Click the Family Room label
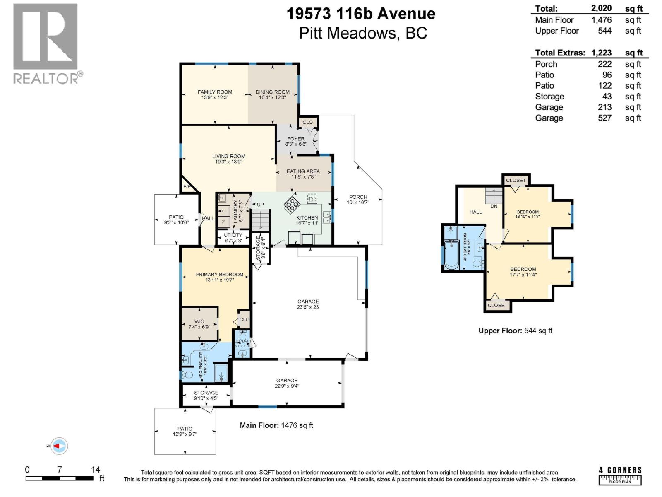coord(215,92)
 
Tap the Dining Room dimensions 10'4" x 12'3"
coord(272,98)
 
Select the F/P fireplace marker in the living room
coord(187,187)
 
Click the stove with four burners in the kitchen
coord(292,204)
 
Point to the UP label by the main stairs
coord(260,205)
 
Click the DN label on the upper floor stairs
coord(494,206)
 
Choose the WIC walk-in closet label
coord(199,321)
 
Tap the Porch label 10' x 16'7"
coord(358,200)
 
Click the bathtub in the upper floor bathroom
coord(451,255)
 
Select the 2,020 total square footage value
coord(601,8)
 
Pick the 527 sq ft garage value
coord(604,118)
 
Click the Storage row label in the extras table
coord(549,97)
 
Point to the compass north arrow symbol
coord(58,446)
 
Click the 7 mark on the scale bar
coord(60,470)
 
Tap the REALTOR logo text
coord(46,79)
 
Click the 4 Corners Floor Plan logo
coord(620,475)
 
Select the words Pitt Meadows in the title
coord(348,33)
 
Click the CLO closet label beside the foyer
coord(307,122)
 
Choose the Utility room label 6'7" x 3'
coord(233,237)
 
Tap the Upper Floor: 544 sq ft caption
coord(515,331)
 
